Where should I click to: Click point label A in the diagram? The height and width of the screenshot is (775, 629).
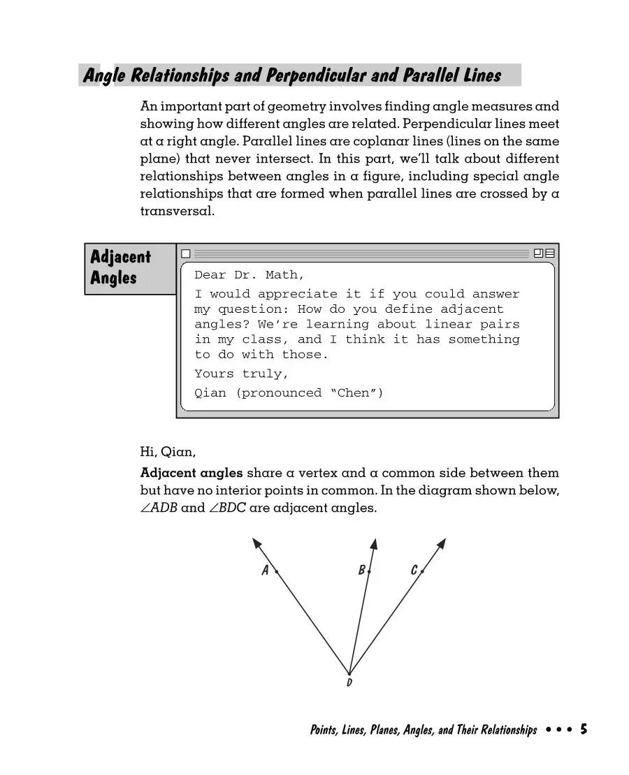click(x=265, y=570)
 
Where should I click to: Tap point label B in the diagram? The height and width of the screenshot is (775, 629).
click(x=361, y=570)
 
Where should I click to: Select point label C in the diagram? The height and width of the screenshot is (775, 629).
click(x=414, y=570)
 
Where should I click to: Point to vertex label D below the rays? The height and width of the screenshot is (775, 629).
click(x=349, y=682)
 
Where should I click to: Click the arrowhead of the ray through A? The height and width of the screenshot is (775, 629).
click(x=256, y=542)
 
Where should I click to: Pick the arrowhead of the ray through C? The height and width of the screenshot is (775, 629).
click(x=442, y=542)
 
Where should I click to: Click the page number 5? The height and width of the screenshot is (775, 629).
click(x=584, y=730)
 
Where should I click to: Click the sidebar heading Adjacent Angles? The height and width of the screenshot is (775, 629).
click(x=120, y=267)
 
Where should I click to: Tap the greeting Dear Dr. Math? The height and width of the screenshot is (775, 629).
click(x=250, y=275)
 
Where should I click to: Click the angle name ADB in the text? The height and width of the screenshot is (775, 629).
click(x=164, y=508)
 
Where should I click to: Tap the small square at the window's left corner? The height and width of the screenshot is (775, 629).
click(x=185, y=253)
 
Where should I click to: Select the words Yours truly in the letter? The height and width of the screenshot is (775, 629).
click(x=241, y=374)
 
